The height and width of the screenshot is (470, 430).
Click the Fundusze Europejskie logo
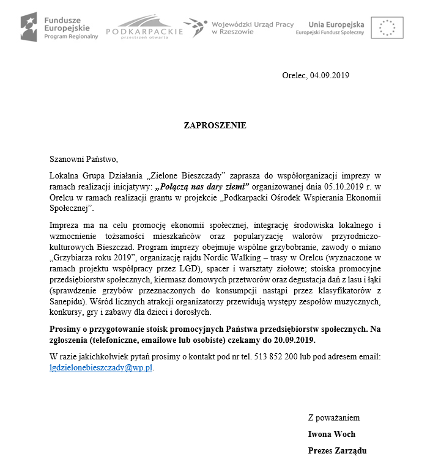(59, 26)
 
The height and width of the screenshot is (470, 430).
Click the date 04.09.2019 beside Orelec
(329, 75)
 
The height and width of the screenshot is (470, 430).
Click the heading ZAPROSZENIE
(215, 125)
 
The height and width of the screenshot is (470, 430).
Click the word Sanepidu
(69, 302)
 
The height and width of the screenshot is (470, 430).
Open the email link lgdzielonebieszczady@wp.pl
(101, 368)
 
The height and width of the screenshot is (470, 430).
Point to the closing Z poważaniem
(334, 418)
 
